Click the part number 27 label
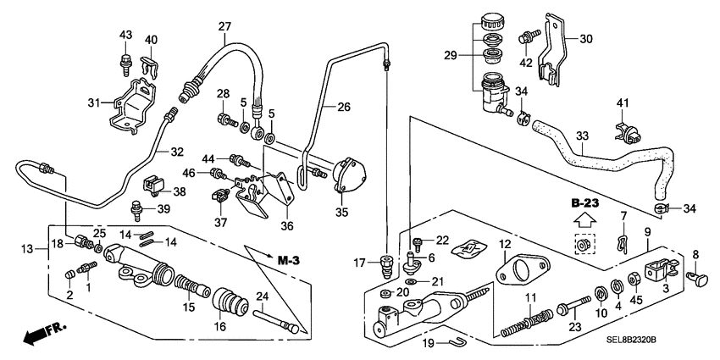coord(224,26)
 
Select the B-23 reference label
coord(584,203)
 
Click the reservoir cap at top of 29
coord(490,21)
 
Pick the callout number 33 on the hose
coord(582,135)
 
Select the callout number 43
coord(126,35)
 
